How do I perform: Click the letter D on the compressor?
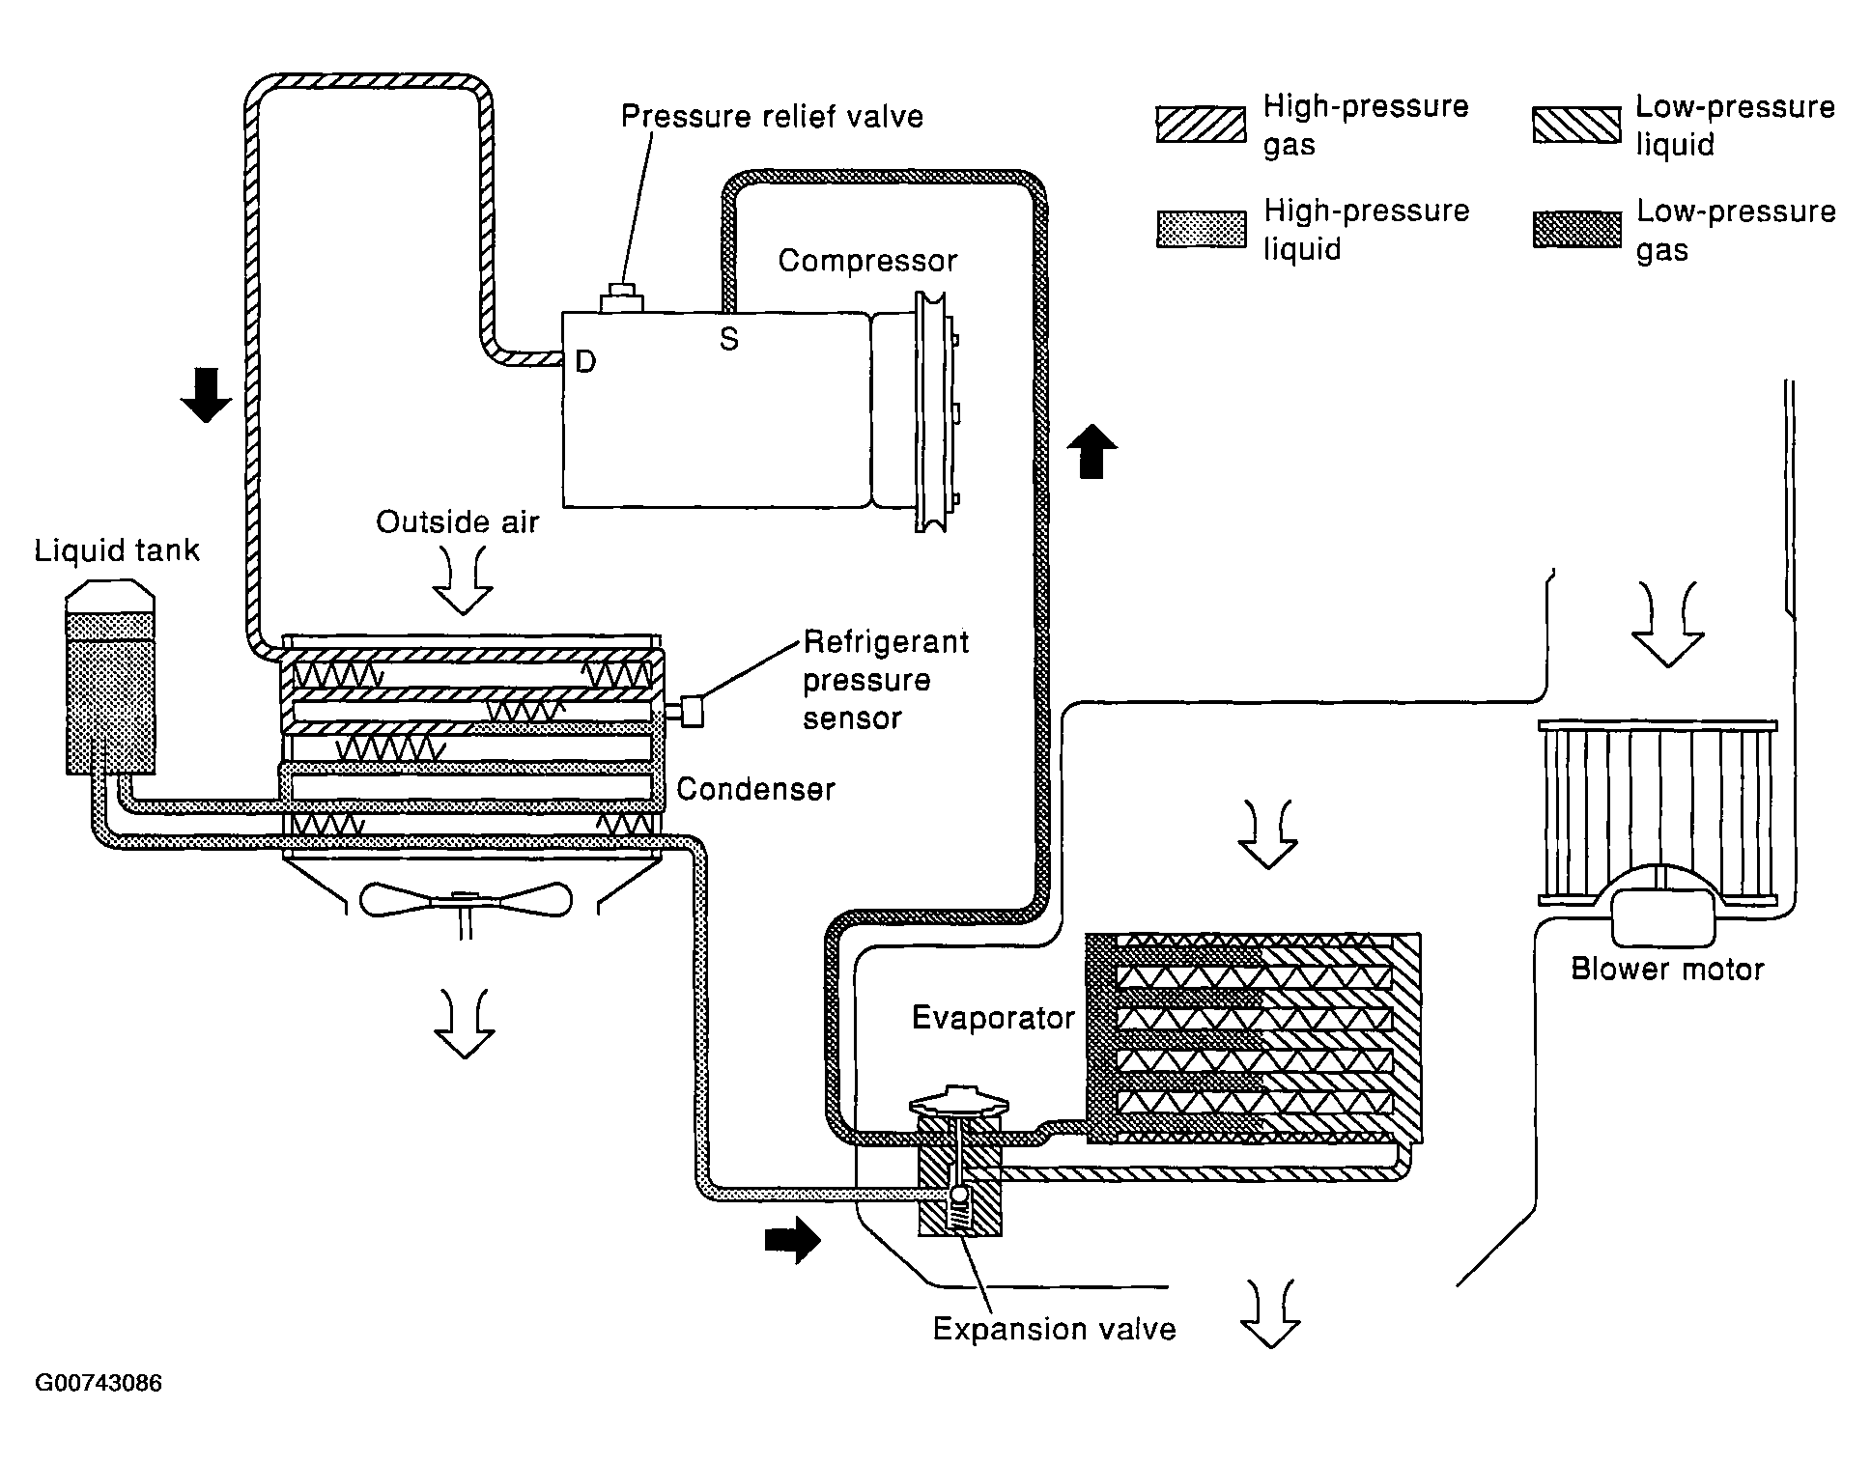pos(585,361)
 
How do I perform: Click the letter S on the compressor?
pos(729,339)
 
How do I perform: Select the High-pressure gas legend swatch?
pos(1201,125)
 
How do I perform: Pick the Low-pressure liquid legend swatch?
pos(1576,125)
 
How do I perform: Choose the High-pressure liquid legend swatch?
pos(1201,230)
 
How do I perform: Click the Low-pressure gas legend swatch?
pos(1576,230)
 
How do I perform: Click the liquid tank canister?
pos(110,677)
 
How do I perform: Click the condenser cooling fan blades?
pos(465,899)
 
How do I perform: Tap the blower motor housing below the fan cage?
pos(1662,915)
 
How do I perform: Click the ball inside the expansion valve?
pos(959,1195)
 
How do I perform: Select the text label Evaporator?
pos(993,1018)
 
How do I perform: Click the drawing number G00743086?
pos(99,1383)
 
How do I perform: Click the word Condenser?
pos(755,789)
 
